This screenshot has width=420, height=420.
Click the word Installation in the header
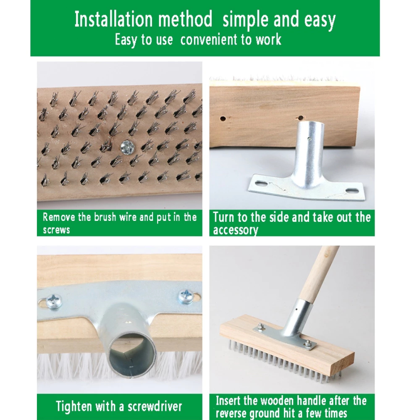click(113, 19)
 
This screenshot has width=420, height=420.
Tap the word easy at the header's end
click(320, 21)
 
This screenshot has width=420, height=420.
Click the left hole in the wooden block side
click(223, 118)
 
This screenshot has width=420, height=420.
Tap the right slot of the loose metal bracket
click(352, 191)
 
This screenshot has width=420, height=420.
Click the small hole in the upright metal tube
click(310, 139)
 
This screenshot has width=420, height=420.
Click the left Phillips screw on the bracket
click(54, 301)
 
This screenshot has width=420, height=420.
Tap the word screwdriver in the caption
click(155, 406)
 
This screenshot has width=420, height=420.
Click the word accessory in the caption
click(236, 230)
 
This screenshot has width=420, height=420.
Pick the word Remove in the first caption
click(59, 217)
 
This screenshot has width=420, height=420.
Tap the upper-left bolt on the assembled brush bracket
click(259, 326)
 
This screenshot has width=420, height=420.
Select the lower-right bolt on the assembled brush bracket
click(308, 344)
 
